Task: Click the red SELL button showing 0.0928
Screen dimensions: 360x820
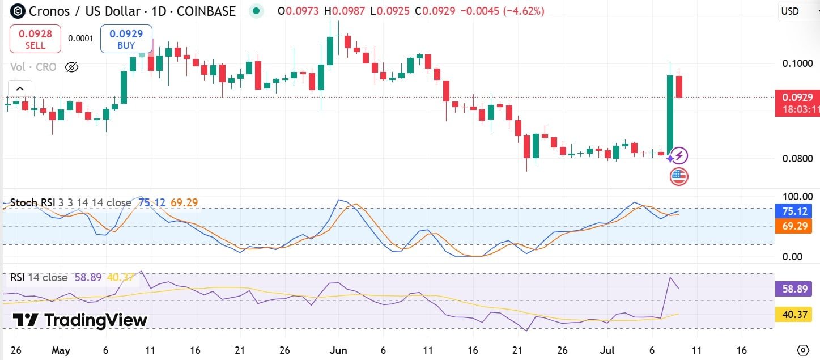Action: pyautogui.click(x=35, y=39)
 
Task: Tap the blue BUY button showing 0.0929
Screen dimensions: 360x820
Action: pyautogui.click(x=126, y=39)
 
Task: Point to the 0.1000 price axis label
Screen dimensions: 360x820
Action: pyautogui.click(x=797, y=63)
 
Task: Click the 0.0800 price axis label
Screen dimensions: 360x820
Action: pyautogui.click(x=797, y=158)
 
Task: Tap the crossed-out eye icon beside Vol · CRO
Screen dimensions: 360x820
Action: pyautogui.click(x=71, y=67)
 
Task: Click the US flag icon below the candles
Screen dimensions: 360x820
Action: pyautogui.click(x=679, y=177)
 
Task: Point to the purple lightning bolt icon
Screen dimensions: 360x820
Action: pyautogui.click(x=680, y=155)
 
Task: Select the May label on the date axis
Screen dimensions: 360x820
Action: pyautogui.click(x=61, y=350)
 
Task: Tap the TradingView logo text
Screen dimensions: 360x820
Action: pyautogui.click(x=80, y=320)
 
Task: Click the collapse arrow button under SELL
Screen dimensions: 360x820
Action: pyautogui.click(x=20, y=88)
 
